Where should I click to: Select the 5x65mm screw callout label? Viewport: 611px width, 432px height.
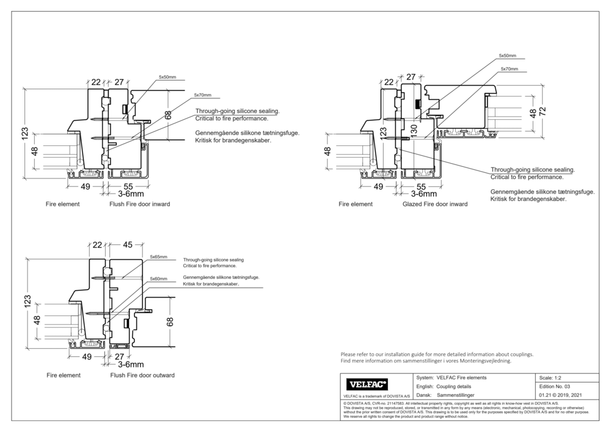click(158, 257)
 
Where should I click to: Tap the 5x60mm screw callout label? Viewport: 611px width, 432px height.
click(158, 279)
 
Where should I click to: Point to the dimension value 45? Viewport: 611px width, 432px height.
click(127, 245)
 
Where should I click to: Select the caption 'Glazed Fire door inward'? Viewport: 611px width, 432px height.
click(435, 204)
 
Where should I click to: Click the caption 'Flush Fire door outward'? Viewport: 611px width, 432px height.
click(142, 375)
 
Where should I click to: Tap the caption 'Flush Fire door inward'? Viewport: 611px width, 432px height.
click(139, 204)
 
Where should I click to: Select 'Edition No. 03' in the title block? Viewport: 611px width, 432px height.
click(555, 387)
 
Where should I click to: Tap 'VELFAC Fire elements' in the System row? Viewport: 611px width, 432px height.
click(462, 378)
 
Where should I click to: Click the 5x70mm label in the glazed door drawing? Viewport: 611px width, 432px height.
click(508, 69)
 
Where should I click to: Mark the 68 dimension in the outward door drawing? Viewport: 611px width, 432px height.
click(170, 321)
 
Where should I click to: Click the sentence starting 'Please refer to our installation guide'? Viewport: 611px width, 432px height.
click(437, 354)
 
